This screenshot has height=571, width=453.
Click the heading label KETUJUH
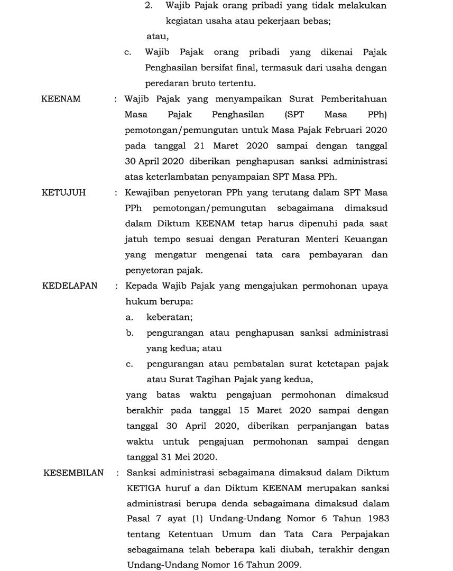click(63, 192)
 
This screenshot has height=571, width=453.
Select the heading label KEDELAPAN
click(70, 286)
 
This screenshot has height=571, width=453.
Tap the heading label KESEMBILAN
click(73, 472)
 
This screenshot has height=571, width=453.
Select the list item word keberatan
click(169, 317)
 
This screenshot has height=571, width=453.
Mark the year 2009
click(286, 565)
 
